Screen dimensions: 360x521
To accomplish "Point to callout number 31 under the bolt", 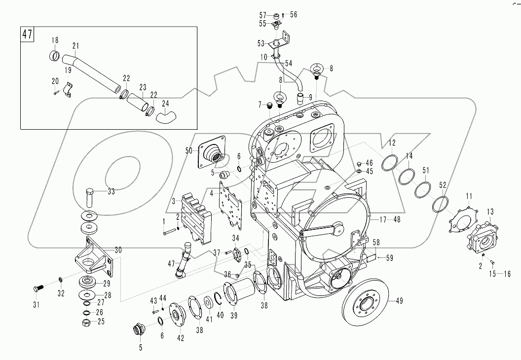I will pos(36,304).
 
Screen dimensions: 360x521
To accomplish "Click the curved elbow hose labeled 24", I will pos(166,117).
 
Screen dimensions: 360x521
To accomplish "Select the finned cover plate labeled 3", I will pos(197,217).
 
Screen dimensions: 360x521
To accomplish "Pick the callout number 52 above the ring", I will pos(443,185).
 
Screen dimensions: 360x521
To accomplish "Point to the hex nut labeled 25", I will pos(85,323).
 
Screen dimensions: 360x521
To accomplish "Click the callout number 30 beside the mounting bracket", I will pos(118,250).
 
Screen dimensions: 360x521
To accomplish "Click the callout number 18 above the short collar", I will pos(55,40).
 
